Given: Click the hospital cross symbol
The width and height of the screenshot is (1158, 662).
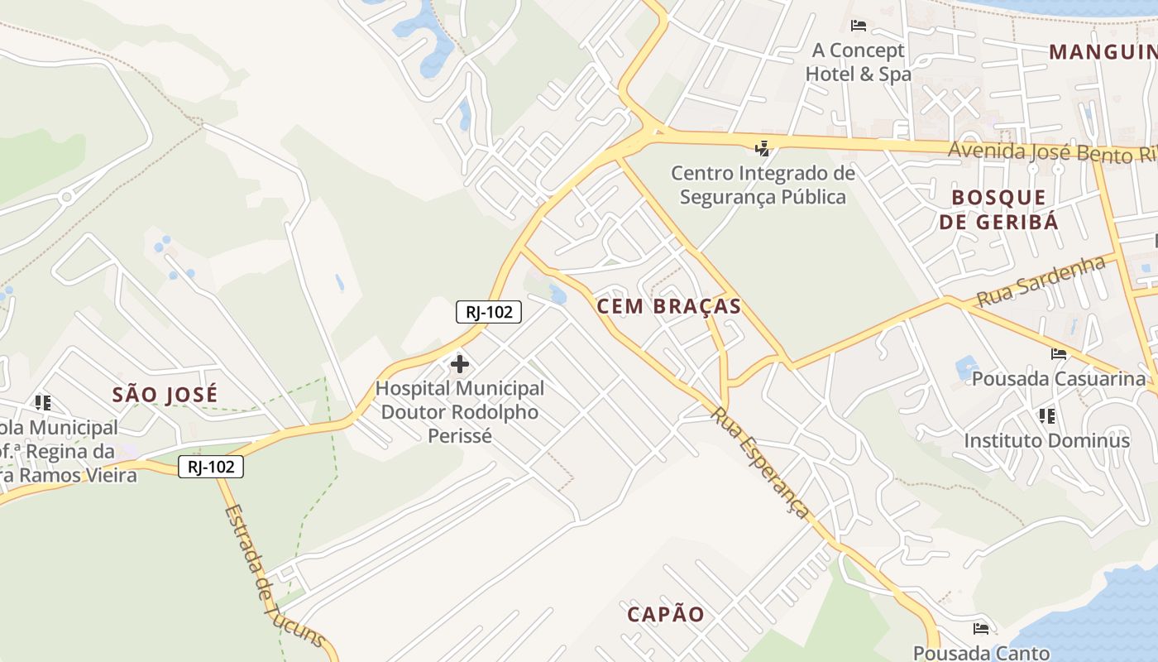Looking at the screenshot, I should [x=460, y=364].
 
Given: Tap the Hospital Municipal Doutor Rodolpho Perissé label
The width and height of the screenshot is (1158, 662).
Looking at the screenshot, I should [x=460, y=411].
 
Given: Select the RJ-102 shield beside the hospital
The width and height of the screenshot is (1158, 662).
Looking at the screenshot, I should [x=489, y=312].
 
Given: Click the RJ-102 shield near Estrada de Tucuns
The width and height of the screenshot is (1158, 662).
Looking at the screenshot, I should [x=211, y=467].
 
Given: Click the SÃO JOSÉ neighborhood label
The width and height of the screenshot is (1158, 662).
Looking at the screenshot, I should [x=165, y=395].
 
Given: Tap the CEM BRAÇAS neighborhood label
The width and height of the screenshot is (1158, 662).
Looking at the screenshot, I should [x=669, y=306].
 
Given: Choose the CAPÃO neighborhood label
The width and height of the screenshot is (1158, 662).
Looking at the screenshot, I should [x=666, y=614].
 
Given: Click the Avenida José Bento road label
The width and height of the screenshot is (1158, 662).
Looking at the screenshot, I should [x=1050, y=152].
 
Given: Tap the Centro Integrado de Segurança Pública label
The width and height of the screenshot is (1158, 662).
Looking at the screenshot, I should [x=763, y=185].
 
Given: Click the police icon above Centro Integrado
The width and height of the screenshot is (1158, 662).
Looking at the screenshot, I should [x=763, y=149].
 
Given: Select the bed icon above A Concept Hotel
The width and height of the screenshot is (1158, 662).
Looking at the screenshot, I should [x=859, y=26].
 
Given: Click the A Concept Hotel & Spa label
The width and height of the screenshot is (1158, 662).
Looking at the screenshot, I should [x=859, y=62].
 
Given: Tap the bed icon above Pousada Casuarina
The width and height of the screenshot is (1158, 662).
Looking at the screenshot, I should [x=1059, y=354].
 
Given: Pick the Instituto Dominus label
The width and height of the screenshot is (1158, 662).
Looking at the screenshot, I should [x=1046, y=440].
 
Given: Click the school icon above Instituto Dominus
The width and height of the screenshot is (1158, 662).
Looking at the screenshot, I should [x=1046, y=415].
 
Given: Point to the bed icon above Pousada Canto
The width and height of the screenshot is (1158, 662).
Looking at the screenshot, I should [x=981, y=628].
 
